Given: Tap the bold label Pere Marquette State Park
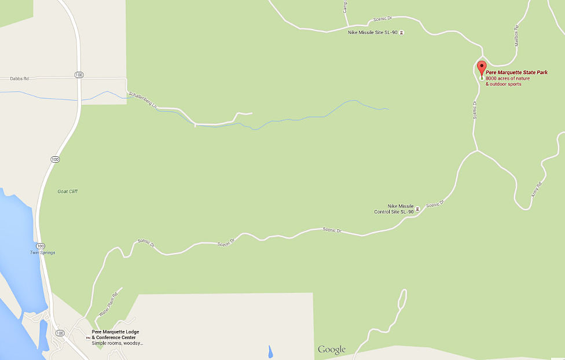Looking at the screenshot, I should pyautogui.click(x=516, y=72).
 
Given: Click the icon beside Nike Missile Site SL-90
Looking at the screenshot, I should pyautogui.click(x=402, y=32).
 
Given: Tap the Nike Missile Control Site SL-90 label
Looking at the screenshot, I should pyautogui.click(x=394, y=208).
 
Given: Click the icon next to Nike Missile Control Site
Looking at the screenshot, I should pyautogui.click(x=417, y=208).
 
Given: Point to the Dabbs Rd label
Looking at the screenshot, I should pyautogui.click(x=19, y=79).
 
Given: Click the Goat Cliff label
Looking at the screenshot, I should pyautogui.click(x=67, y=192).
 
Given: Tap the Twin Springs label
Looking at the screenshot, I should pyautogui.click(x=42, y=252).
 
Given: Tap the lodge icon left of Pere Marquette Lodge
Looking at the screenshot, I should pyautogui.click(x=88, y=337).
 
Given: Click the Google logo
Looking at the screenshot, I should pyautogui.click(x=331, y=349).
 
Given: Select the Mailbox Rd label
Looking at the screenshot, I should pyautogui.click(x=516, y=35).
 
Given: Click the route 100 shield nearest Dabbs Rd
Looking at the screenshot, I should pyautogui.click(x=78, y=75).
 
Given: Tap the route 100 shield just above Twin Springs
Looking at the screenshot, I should pyautogui.click(x=39, y=245).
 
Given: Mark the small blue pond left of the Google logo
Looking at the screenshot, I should pyautogui.click(x=270, y=351).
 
